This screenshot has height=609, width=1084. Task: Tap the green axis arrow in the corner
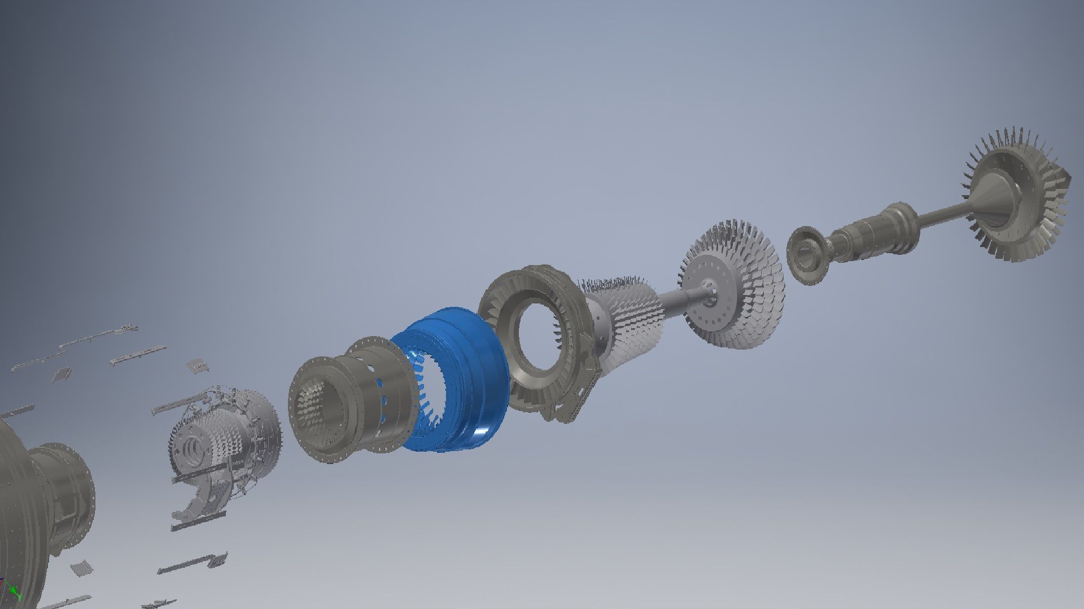tap(17, 595)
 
